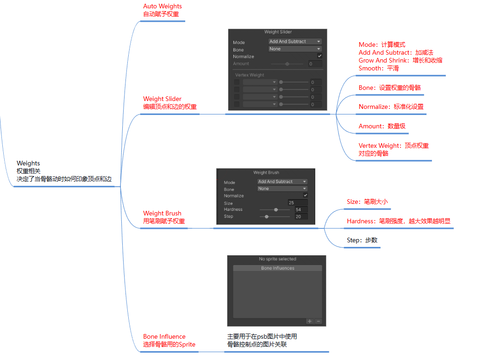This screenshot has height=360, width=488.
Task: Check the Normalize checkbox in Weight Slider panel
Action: [319, 56]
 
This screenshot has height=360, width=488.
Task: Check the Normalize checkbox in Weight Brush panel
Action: [305, 195]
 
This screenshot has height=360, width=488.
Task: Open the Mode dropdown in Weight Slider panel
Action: [295, 42]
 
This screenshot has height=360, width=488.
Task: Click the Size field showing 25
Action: [298, 203]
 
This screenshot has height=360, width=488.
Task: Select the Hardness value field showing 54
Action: [301, 210]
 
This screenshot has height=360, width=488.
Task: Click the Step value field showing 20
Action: [301, 216]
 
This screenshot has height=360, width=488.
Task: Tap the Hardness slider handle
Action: [276, 209]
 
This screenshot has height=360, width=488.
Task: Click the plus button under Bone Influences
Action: [310, 322]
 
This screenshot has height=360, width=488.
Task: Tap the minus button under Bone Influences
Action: [318, 322]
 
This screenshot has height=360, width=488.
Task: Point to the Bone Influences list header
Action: [277, 268]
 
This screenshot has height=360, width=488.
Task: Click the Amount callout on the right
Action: [382, 126]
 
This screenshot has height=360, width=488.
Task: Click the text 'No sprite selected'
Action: [277, 259]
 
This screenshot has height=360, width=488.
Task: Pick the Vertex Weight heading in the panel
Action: [250, 75]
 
